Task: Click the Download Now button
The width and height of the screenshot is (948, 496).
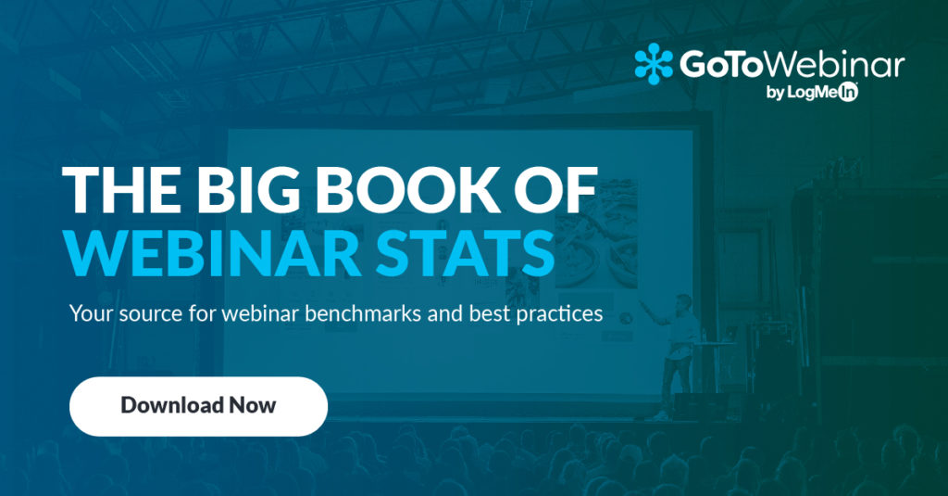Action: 198,405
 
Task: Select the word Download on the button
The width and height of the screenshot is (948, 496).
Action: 172,405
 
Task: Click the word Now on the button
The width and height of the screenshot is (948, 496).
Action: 253,405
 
